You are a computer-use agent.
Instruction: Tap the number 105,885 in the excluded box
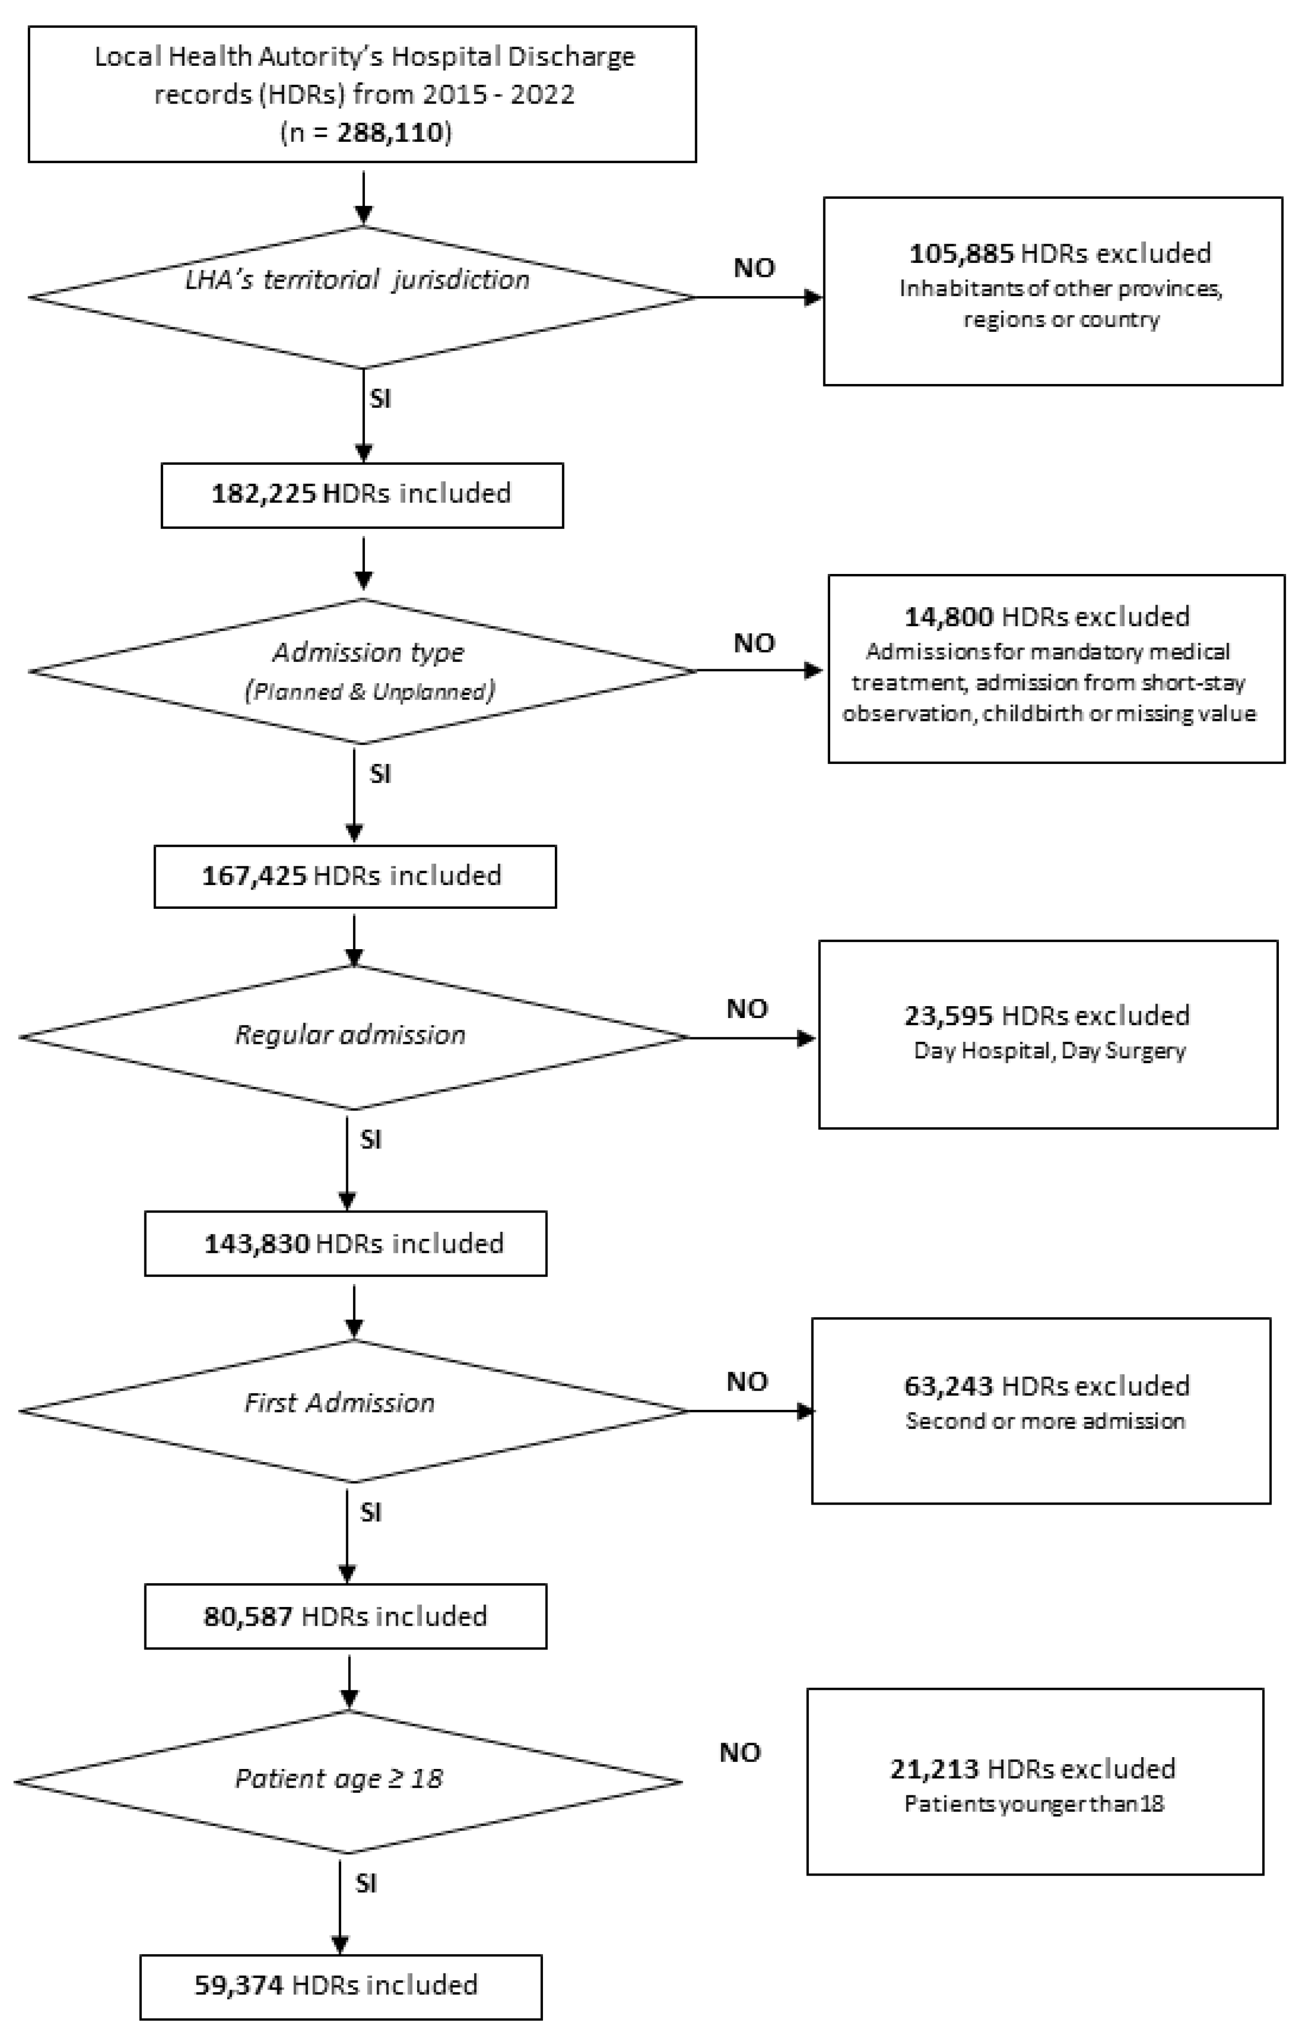pos(961,253)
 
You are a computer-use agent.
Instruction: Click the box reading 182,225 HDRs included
pos(362,494)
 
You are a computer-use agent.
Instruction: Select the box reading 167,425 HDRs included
pos(355,876)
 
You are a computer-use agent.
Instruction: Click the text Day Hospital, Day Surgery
pos(1050,1050)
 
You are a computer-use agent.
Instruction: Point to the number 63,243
pos(948,1386)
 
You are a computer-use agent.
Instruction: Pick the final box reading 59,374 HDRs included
pos(341,1985)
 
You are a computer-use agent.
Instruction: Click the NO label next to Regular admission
pos(747,1009)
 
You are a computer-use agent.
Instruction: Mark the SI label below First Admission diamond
pos(371,1512)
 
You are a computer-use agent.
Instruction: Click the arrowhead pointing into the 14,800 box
pos(814,670)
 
